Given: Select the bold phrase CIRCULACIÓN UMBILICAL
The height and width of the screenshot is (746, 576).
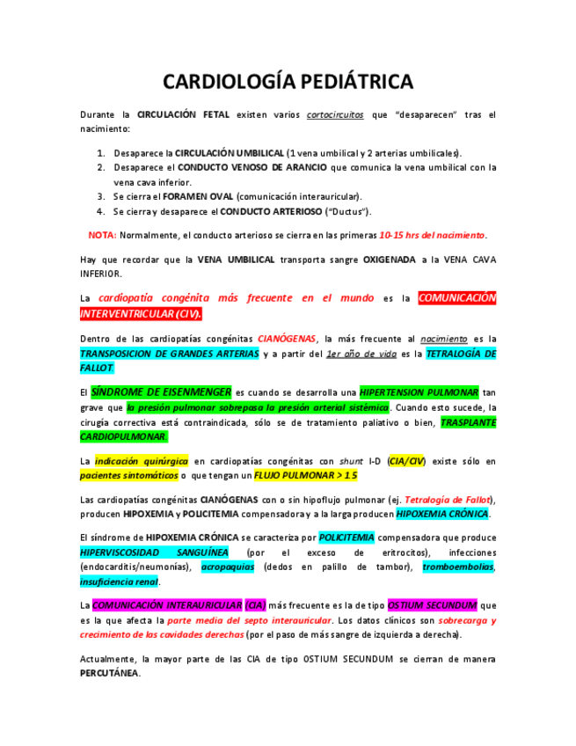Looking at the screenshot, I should coord(230,152).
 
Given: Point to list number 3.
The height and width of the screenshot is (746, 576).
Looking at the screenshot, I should coord(101,196).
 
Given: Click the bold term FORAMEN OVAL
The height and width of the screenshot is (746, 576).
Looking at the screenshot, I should coord(198,196).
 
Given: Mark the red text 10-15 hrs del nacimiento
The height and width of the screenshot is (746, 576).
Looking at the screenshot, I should coord(432,235).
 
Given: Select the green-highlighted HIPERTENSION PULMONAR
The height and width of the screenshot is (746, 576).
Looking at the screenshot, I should coord(419,391).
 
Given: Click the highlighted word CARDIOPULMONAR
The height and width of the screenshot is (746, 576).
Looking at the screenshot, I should coord(123,436).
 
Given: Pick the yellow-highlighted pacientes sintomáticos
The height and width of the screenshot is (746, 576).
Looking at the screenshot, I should coord(128,475).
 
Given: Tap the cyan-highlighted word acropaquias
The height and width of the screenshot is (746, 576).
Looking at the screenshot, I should coord(228,567).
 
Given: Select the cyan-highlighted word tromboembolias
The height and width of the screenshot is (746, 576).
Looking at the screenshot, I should coord(458,567).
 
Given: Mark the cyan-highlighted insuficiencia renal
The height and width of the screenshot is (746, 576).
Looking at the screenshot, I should coord(119,581).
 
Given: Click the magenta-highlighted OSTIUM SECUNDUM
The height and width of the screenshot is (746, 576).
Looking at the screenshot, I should coord(433,605).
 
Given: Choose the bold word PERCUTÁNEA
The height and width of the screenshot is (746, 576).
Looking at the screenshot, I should coord(109,673).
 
